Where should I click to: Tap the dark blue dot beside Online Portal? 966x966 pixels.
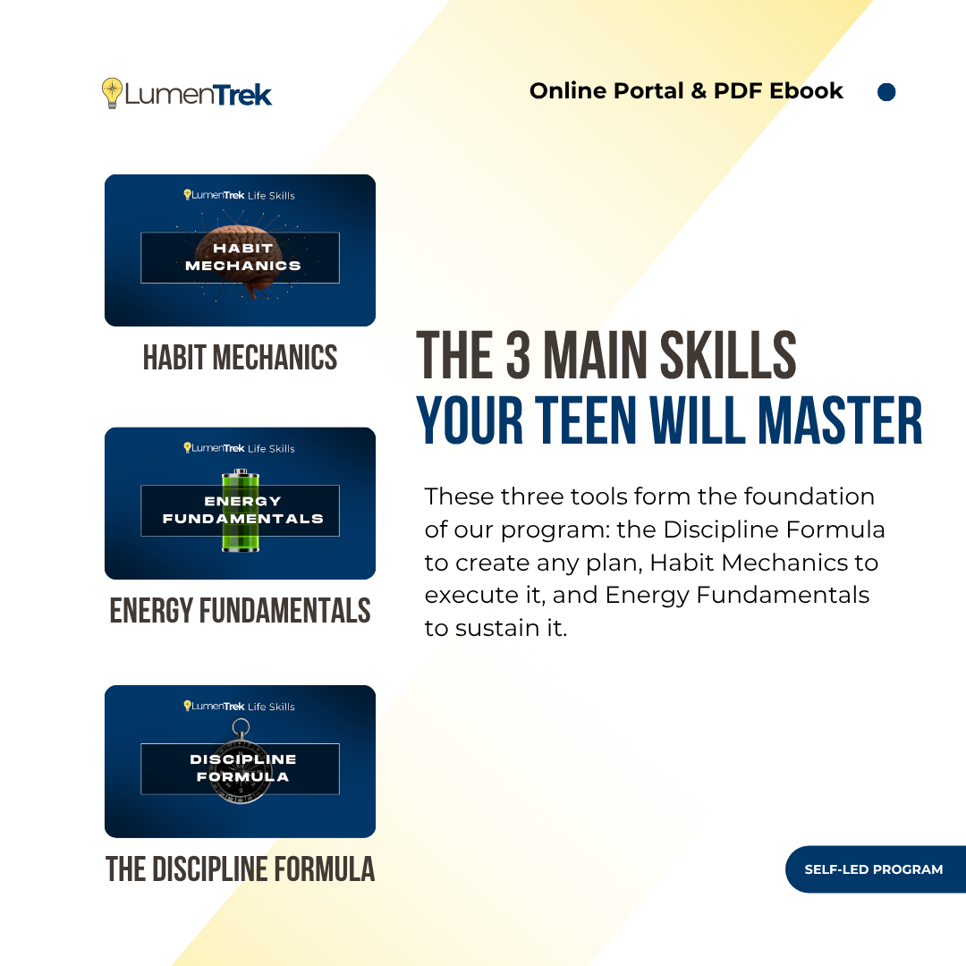[x=886, y=92]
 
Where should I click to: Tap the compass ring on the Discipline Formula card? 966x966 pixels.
[x=240, y=726]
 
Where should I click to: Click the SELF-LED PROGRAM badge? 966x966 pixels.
[x=874, y=869]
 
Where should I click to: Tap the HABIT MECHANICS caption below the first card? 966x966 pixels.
[x=240, y=358]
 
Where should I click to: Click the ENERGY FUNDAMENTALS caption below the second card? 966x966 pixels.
[x=240, y=611]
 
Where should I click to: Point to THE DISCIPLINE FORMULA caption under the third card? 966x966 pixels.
[x=240, y=869]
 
